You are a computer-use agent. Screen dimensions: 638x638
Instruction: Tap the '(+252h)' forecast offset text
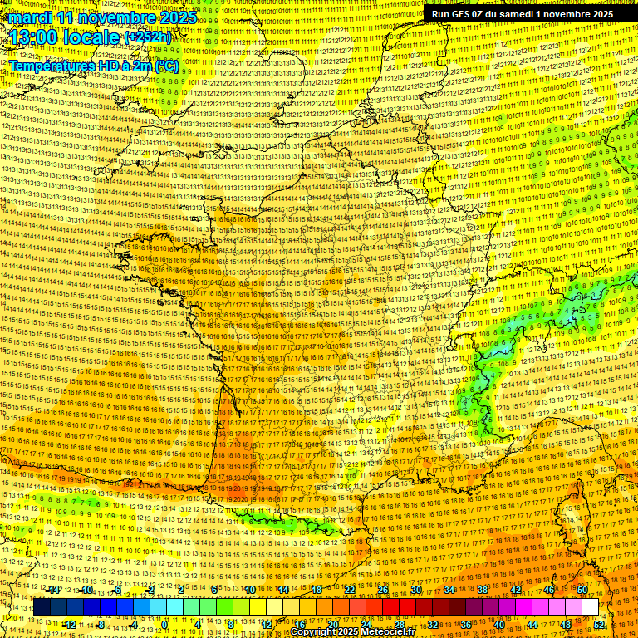[x=147, y=37]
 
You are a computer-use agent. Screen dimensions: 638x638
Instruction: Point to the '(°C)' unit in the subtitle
[x=165, y=65]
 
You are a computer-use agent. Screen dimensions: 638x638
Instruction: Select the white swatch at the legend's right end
[x=590, y=607]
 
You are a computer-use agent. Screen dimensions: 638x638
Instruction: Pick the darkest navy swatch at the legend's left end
[x=42, y=607]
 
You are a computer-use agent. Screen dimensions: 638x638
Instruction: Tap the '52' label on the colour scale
[x=599, y=625]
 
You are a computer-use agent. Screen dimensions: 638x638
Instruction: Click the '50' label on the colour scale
[x=582, y=590]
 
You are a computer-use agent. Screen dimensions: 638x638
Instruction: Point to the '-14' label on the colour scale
[x=54, y=590]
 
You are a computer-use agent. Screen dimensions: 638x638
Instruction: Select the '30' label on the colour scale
[x=417, y=590]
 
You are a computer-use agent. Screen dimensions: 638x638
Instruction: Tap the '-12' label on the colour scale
[x=70, y=625]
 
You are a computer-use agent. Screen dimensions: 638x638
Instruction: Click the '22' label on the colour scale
[x=351, y=590]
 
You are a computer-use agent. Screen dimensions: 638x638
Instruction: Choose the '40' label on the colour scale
[x=499, y=625]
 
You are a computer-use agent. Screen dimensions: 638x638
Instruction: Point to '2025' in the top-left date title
[x=178, y=17]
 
